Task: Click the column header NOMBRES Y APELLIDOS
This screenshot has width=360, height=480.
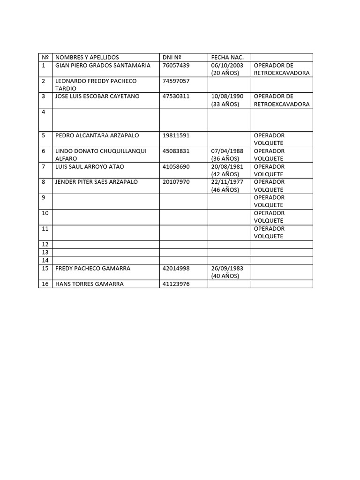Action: click(x=87, y=57)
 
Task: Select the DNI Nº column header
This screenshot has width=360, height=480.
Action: click(x=172, y=57)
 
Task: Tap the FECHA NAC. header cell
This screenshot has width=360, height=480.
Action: click(x=225, y=57)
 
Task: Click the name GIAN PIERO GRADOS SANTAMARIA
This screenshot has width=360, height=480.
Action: click(x=103, y=65)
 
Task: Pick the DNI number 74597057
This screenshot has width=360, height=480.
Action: click(x=176, y=81)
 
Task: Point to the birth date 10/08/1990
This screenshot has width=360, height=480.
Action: click(x=227, y=96)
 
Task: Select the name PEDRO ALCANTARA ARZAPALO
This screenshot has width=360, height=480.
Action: click(x=97, y=135)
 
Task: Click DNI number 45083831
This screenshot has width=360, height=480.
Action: click(x=176, y=151)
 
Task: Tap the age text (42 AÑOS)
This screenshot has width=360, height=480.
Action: click(x=225, y=174)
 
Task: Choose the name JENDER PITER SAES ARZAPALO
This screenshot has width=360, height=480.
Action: click(x=97, y=181)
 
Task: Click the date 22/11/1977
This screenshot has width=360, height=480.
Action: click(x=227, y=181)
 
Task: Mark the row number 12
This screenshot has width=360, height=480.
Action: click(x=45, y=244)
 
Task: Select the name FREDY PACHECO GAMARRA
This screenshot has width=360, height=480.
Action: click(x=93, y=268)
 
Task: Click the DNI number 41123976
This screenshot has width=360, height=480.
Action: click(x=176, y=284)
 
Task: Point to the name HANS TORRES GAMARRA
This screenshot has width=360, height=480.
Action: click(x=90, y=284)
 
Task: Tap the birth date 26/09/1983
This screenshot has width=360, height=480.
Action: click(x=227, y=268)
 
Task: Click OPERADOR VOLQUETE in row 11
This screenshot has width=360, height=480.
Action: click(x=269, y=232)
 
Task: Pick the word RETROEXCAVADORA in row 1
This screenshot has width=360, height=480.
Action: click(x=282, y=73)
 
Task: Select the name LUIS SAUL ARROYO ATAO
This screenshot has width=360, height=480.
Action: click(x=90, y=166)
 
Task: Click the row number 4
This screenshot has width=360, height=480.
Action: click(x=44, y=112)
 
